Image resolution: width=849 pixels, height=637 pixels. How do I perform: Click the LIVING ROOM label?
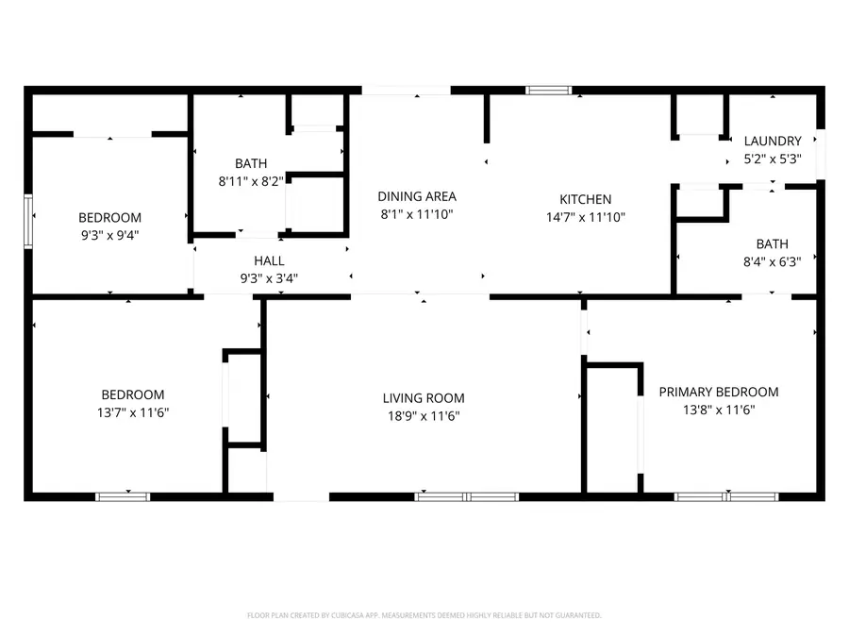click(x=424, y=398)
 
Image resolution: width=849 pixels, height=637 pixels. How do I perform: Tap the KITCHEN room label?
click(x=586, y=199)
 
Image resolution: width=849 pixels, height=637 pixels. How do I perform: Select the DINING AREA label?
click(x=417, y=196)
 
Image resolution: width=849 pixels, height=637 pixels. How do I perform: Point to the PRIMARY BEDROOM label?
click(x=719, y=392)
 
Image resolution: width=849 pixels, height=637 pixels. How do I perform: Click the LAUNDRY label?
click(x=773, y=142)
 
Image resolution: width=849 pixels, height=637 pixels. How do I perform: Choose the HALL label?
click(x=269, y=260)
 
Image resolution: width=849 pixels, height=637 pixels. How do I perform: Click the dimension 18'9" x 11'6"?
click(x=424, y=415)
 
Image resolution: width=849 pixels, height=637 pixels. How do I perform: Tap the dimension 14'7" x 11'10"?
click(x=586, y=216)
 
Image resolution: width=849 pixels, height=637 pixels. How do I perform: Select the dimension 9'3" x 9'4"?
click(x=109, y=234)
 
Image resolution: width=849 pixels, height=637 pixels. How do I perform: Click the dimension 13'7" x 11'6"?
click(x=133, y=411)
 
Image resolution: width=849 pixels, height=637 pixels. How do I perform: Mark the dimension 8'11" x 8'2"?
click(x=251, y=180)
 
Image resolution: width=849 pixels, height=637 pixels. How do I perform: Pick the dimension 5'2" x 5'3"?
click(x=773, y=159)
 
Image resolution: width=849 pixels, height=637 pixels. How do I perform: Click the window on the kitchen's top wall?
click(x=549, y=91)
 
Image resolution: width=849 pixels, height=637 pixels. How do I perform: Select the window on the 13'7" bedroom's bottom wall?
click(x=123, y=495)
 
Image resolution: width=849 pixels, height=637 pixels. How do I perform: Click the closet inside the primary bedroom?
click(x=613, y=429)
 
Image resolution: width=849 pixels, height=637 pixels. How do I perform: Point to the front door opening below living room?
click(x=298, y=495)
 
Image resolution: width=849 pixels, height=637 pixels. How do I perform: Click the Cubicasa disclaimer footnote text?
click(x=424, y=615)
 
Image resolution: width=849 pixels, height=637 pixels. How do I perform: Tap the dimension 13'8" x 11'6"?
click(x=719, y=410)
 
